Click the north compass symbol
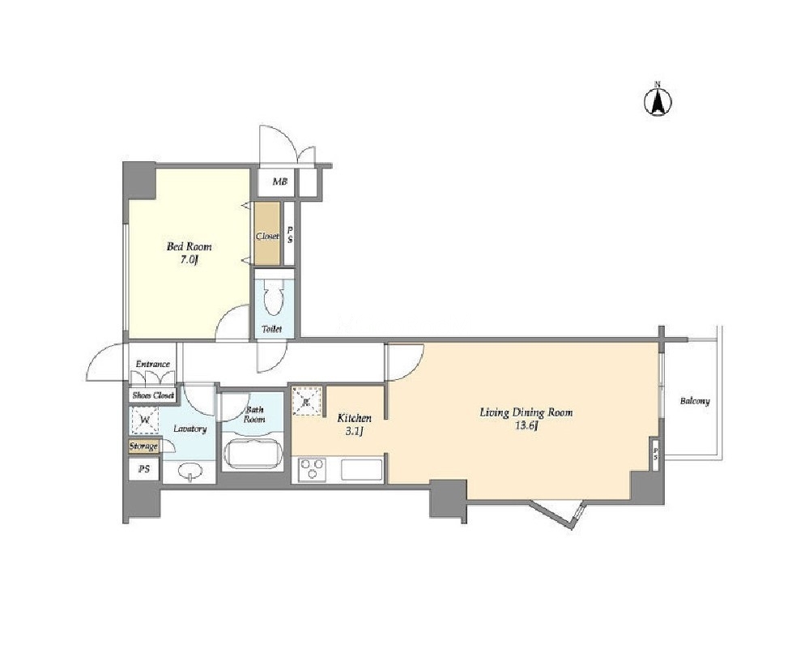click(658, 100)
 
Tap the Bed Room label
click(189, 246)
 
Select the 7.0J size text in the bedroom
click(189, 260)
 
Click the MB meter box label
click(279, 181)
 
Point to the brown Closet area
click(267, 233)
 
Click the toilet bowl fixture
click(273, 297)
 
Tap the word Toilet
click(271, 328)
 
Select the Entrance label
click(153, 364)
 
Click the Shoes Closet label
click(153, 395)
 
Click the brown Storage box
click(143, 446)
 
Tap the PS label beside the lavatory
click(144, 469)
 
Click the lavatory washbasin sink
click(189, 472)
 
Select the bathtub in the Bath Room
click(253, 453)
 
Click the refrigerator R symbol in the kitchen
click(306, 400)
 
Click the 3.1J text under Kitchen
click(355, 431)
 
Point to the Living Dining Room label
click(526, 412)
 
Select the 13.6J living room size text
click(526, 426)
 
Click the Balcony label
click(695, 400)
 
